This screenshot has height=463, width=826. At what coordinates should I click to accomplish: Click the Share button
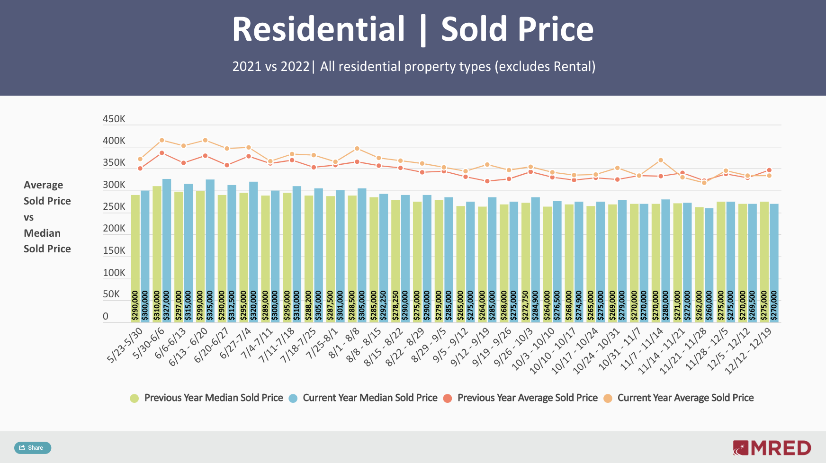click(x=32, y=447)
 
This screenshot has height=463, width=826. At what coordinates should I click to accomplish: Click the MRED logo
click(x=772, y=447)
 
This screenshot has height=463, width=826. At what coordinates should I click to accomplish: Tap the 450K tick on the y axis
click(x=114, y=119)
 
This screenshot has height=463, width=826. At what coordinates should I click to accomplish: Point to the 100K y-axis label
click(x=114, y=273)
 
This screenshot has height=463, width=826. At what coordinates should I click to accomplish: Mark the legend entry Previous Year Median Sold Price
click(x=206, y=398)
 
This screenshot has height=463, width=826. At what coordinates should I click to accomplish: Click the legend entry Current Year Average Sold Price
click(x=679, y=398)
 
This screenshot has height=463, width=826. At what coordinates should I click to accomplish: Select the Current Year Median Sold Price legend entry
click(x=363, y=398)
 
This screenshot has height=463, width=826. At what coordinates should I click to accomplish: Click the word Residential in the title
click(x=318, y=29)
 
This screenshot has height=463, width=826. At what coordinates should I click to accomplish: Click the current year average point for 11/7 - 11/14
click(x=661, y=160)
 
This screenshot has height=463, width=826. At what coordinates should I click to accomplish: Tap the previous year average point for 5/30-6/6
click(x=162, y=153)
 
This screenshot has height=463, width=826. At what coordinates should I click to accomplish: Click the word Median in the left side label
click(x=42, y=233)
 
